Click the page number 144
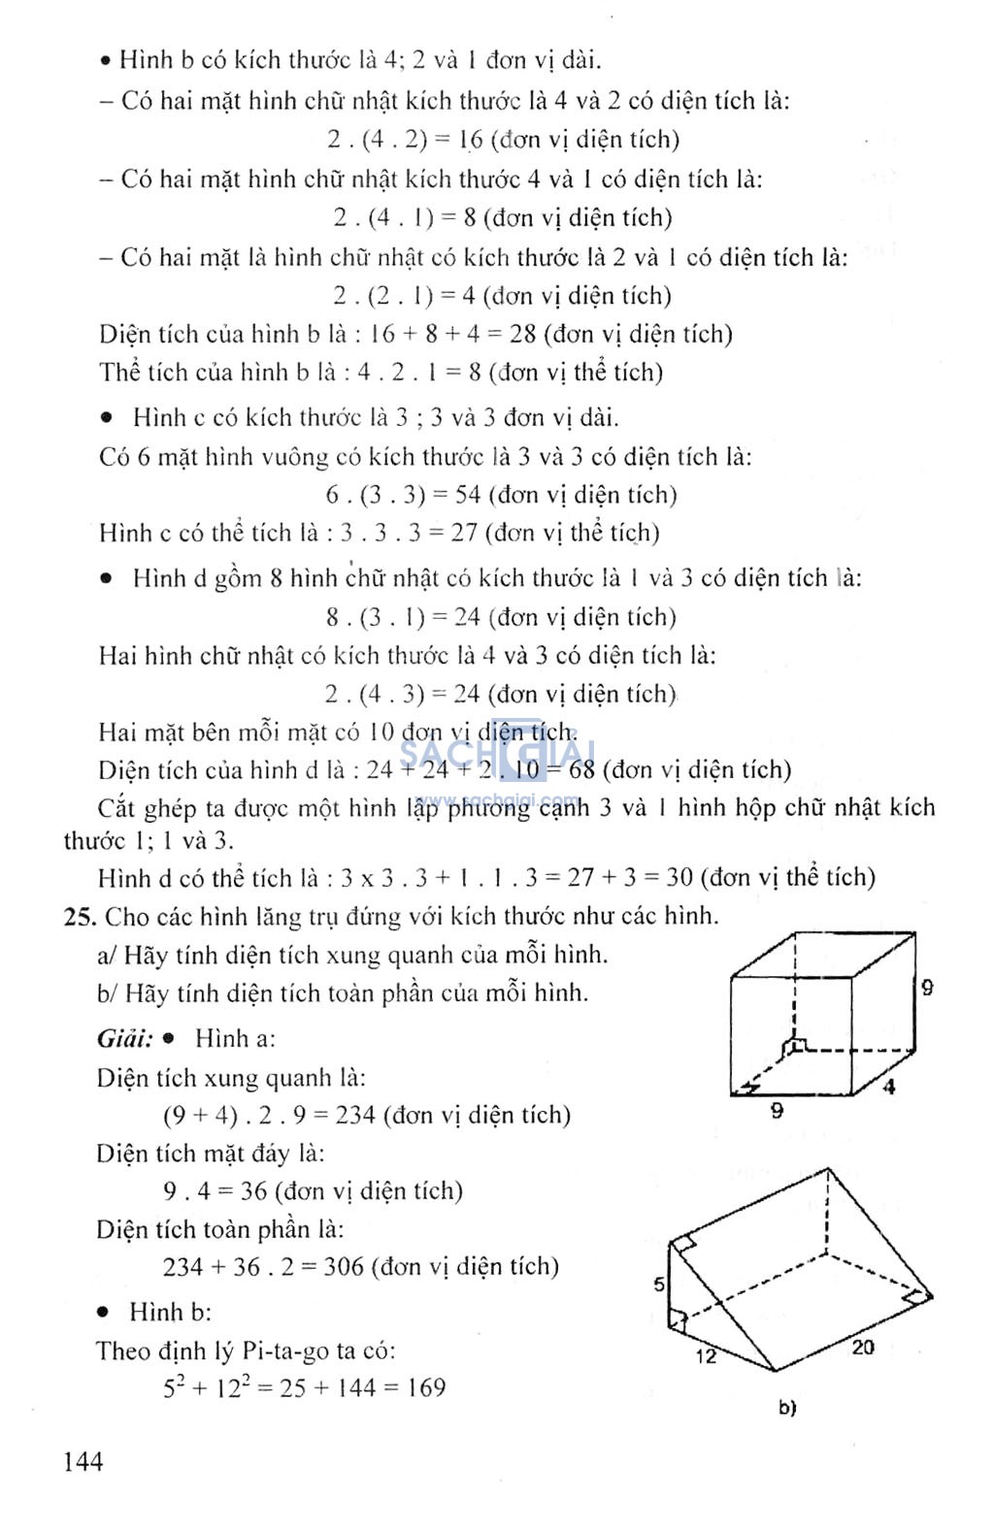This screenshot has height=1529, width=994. point(83,1461)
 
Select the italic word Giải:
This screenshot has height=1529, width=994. point(124,1039)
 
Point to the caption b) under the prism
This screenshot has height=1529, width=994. point(787,1407)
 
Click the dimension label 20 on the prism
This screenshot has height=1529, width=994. point(862,1347)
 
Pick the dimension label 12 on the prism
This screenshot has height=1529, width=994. point(706,1355)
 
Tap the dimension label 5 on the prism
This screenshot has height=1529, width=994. point(659,1285)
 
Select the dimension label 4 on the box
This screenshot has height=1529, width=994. point(888,1087)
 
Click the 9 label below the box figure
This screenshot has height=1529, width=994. point(777,1111)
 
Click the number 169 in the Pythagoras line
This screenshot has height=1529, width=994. point(426,1388)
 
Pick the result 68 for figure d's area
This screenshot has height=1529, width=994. point(581,770)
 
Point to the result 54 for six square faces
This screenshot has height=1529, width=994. point(468,495)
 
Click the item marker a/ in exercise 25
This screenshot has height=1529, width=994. point(107,956)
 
